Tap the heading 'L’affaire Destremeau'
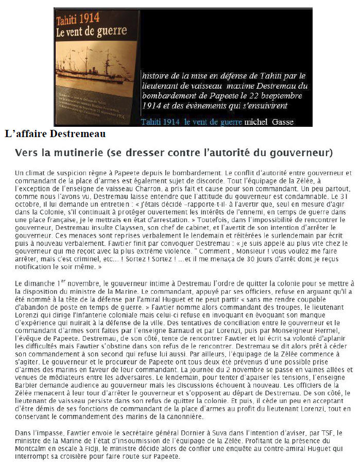tap(55, 134)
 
